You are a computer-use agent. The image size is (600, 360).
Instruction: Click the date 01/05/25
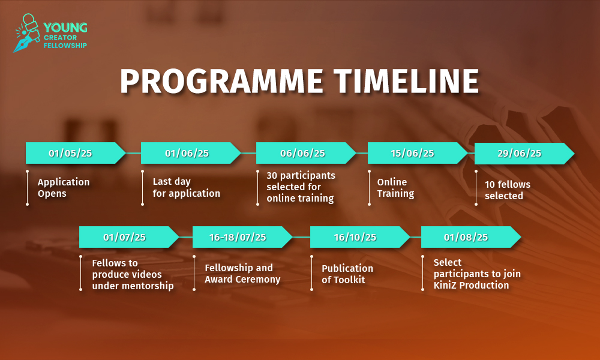coord(70,154)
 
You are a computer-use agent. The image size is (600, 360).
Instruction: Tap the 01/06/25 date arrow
coord(191,153)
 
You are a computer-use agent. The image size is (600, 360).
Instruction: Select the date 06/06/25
coord(302,154)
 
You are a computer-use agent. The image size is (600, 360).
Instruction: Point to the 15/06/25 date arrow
coord(417,153)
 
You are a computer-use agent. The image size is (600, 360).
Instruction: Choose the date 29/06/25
coord(519,154)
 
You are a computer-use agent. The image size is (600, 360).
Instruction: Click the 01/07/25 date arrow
coord(129,237)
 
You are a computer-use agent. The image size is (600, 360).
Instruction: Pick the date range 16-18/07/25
coord(238,237)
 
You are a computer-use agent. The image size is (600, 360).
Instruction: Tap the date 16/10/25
coord(355,237)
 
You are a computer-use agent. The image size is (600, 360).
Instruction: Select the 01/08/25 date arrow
coord(471,237)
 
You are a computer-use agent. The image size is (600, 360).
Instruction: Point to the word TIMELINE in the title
coord(406,81)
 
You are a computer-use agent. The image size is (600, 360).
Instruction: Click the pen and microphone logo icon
coord(27,33)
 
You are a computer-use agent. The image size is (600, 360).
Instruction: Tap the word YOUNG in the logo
coord(65,28)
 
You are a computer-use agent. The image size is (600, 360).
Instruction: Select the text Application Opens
coord(64,187)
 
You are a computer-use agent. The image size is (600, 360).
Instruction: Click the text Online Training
coord(395,187)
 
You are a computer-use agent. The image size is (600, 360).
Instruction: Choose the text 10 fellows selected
coord(508,190)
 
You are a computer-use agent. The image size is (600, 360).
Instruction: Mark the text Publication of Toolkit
coord(347,274)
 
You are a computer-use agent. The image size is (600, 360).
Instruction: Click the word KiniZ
coord(445,285)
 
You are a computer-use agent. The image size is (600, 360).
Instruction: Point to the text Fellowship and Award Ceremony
coord(242,273)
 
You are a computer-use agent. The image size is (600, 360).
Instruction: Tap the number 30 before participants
coord(272,175)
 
